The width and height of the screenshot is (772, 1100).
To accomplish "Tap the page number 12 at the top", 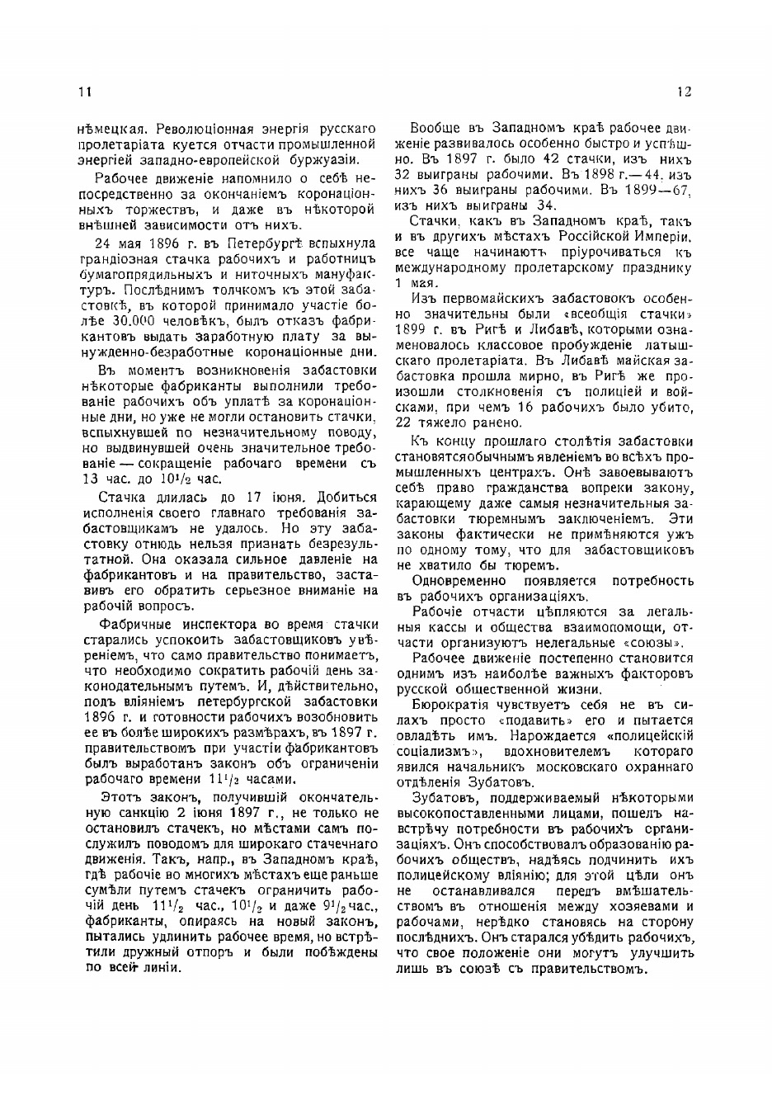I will coord(684,92).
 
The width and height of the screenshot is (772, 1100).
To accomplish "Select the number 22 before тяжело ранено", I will coord(403,423).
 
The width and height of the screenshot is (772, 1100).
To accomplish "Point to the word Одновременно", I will coord(453,580).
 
